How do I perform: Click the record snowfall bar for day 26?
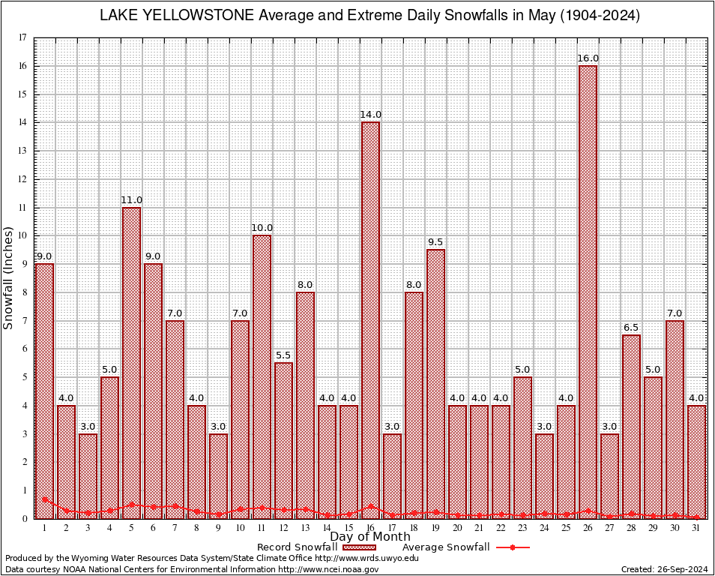[x=588, y=292]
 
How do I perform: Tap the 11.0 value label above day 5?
[x=131, y=199]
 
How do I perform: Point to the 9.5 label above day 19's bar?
[x=435, y=241]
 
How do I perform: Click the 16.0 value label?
[x=588, y=58]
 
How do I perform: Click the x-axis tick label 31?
[x=697, y=528]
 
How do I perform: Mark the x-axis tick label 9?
[x=218, y=528]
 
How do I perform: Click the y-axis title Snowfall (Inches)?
[x=9, y=277]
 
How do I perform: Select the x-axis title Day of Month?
[x=370, y=537]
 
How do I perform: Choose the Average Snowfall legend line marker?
[x=513, y=547]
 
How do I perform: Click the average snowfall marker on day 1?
[x=45, y=499]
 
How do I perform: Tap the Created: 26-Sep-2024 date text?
[x=664, y=569]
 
